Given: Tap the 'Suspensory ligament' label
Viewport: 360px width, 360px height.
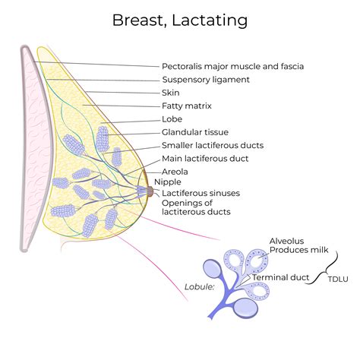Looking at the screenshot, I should tap(205, 80).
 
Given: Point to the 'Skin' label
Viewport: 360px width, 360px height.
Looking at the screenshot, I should tap(171, 93).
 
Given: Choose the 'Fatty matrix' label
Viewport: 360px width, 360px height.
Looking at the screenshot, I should tap(188, 106).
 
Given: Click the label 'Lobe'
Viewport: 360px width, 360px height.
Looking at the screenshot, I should tap(172, 119).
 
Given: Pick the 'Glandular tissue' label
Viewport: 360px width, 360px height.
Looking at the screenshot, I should tap(194, 132).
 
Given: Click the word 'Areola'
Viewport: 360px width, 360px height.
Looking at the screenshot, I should tap(176, 172).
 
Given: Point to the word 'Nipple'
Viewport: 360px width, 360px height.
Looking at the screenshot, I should tap(169, 182).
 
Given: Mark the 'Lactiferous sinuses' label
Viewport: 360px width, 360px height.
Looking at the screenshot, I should tap(201, 193).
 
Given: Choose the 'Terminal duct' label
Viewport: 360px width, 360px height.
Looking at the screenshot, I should tap(281, 277).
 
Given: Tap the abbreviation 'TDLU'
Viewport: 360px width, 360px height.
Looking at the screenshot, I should tap(339, 280).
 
